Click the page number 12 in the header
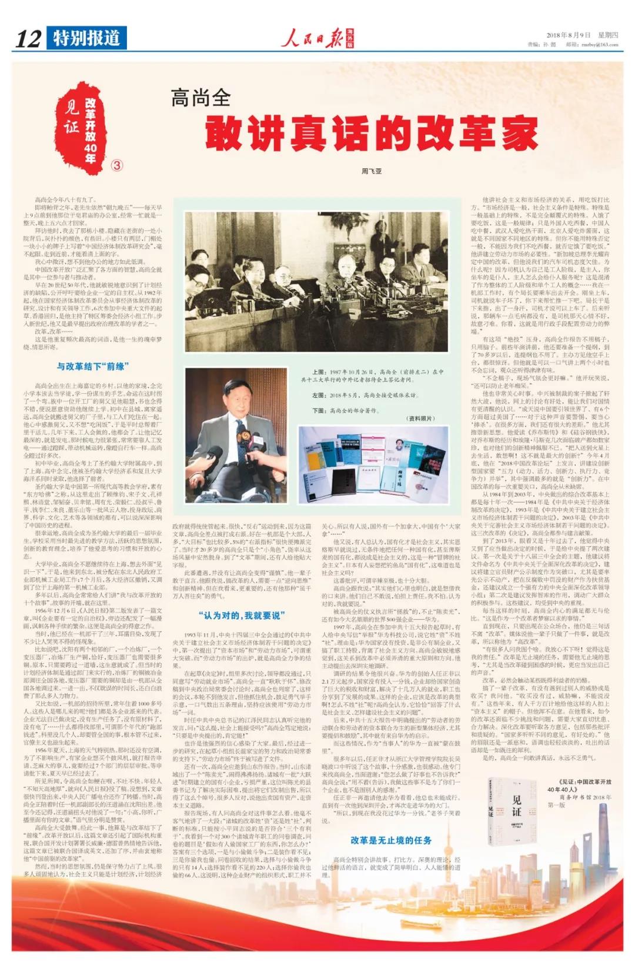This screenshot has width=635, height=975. pyautogui.click(x=28, y=39)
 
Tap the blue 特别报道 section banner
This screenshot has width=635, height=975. pyautogui.click(x=86, y=38)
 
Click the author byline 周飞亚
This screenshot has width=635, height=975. pyautogui.click(x=371, y=172)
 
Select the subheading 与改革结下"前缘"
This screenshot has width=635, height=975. pyautogui.click(x=92, y=366)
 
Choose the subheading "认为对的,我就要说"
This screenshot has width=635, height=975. pyautogui.click(x=242, y=615)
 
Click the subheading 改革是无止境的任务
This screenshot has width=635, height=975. pyautogui.click(x=391, y=840)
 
